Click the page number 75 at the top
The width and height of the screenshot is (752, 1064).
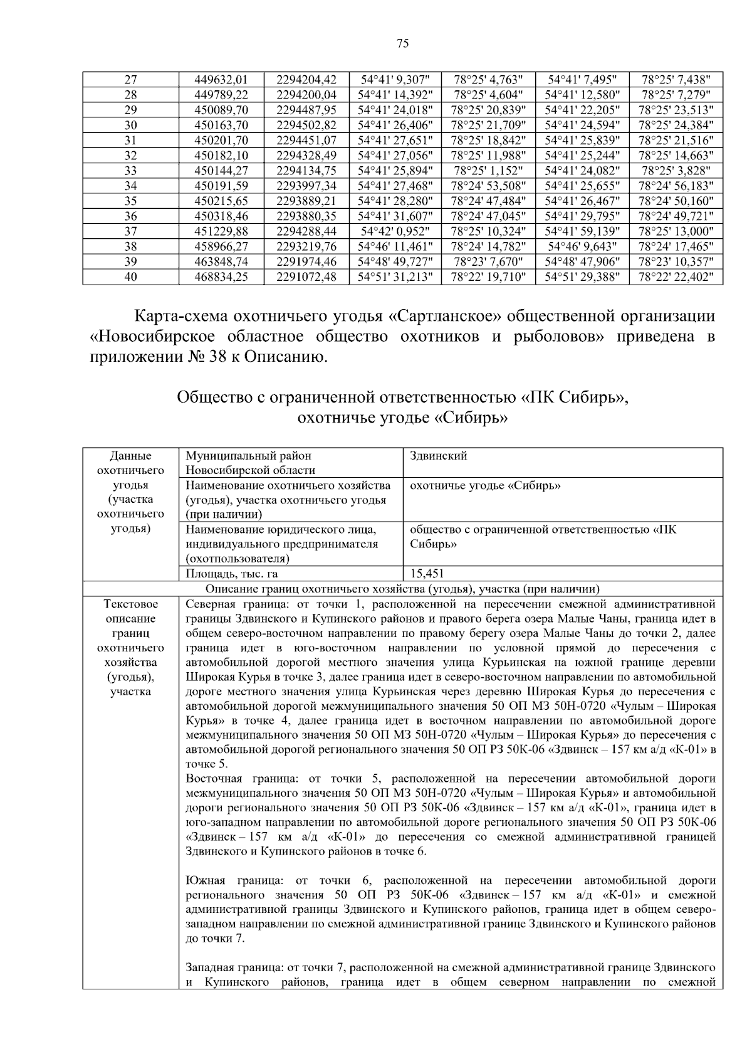click(x=403, y=43)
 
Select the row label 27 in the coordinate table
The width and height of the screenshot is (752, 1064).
click(x=130, y=80)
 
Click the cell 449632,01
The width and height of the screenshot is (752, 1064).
click(x=222, y=80)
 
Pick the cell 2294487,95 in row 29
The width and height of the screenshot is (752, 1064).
click(x=306, y=110)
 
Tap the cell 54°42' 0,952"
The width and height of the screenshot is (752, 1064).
click(x=395, y=231)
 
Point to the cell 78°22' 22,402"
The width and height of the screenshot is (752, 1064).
click(x=676, y=277)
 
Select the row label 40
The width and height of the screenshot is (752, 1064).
click(x=130, y=277)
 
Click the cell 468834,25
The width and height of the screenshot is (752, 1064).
click(x=222, y=277)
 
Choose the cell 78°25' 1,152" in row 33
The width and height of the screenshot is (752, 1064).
click(x=488, y=171)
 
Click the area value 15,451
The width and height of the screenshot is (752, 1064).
click(x=427, y=573)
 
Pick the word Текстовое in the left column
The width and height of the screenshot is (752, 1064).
click(x=130, y=604)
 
